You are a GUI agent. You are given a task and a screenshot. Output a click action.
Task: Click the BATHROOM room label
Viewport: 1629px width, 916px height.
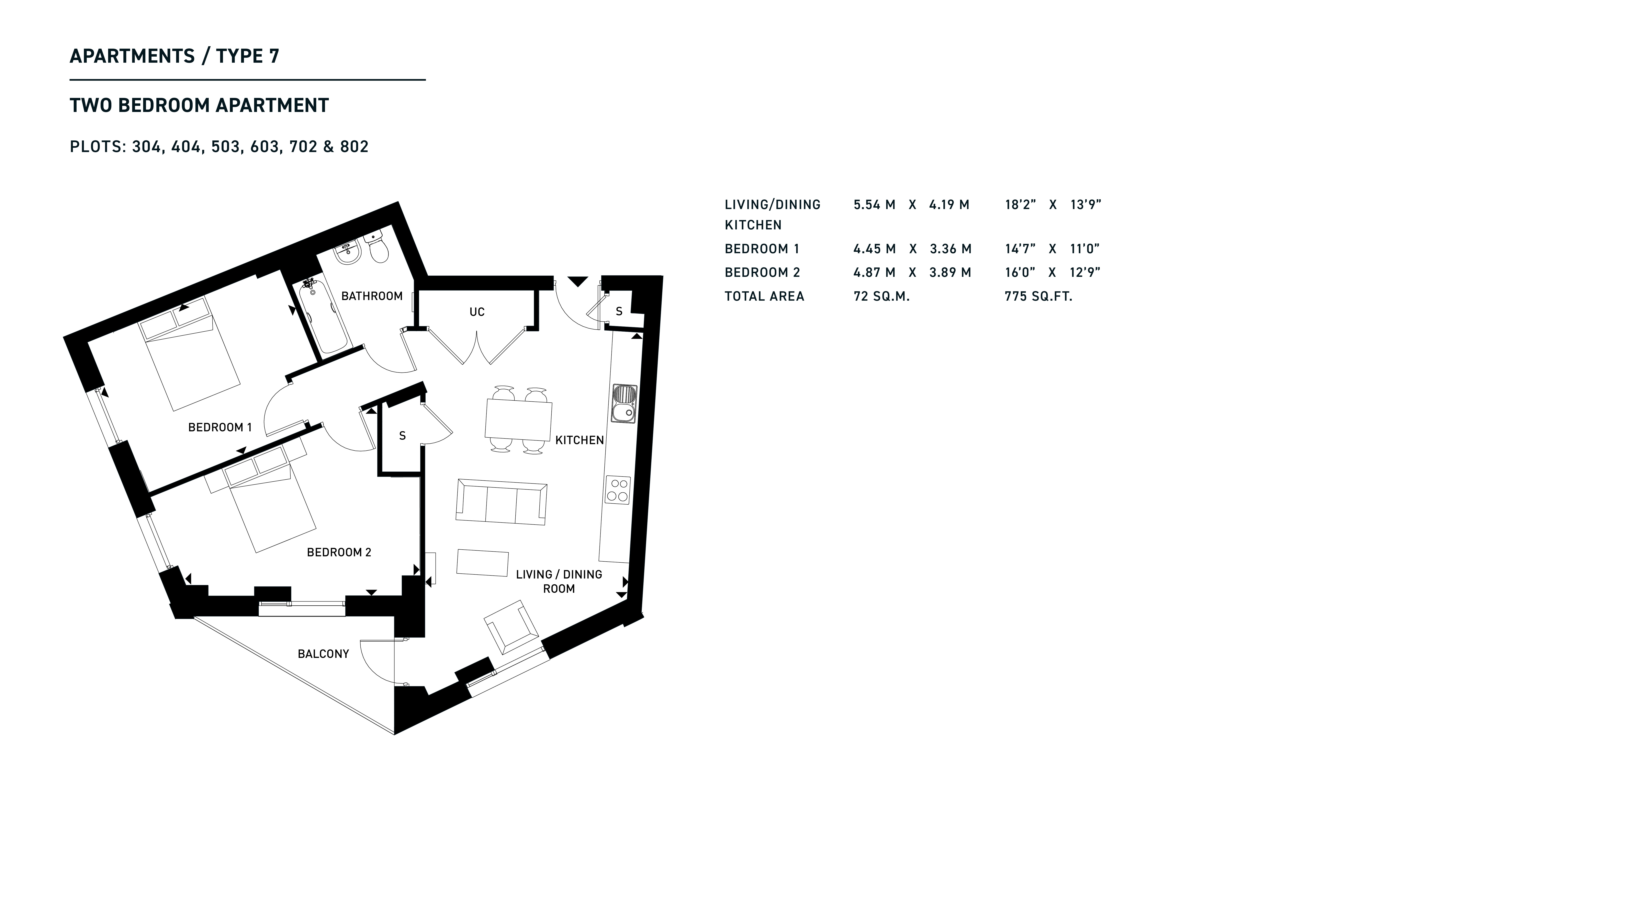[x=372, y=296]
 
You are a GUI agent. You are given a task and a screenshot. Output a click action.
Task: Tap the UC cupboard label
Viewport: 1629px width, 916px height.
[x=477, y=312]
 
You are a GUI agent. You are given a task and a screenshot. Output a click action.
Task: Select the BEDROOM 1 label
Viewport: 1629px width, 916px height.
[x=220, y=427]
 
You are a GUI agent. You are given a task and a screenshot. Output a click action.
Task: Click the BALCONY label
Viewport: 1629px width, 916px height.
[x=323, y=654]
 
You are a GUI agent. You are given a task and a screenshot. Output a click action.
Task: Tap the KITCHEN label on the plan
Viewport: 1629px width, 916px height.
[x=579, y=440]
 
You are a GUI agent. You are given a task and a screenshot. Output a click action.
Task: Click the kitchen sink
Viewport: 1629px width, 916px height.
[x=624, y=403]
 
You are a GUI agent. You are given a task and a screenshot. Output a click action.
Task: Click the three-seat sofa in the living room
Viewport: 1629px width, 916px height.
[x=502, y=502]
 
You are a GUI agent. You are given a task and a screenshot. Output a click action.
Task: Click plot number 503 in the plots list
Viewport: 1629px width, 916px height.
[x=226, y=147]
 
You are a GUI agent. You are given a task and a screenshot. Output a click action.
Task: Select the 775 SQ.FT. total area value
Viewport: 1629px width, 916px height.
[x=1038, y=297]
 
